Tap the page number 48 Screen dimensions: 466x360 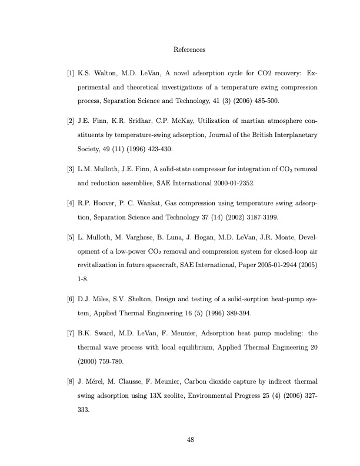point(191,439)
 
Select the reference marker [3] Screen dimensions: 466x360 point(71,169)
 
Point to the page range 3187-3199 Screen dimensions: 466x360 point(263,217)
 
